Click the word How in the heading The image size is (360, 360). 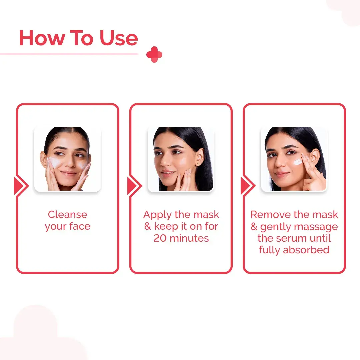[x=42, y=38]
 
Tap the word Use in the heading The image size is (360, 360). [x=118, y=38]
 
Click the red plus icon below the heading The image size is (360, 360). [x=154, y=54]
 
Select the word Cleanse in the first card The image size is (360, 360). [x=67, y=215]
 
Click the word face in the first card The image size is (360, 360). [x=80, y=226]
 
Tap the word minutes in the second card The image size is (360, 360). [x=189, y=238]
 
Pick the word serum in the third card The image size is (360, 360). [x=291, y=238]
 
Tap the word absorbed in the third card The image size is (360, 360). [x=306, y=250]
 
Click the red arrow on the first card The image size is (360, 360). [x=21, y=186]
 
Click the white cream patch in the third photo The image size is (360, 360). [x=298, y=162]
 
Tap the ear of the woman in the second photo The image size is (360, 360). [x=200, y=157]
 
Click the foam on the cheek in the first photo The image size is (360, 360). [x=53, y=162]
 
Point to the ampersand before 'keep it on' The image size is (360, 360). [x=148, y=226]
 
